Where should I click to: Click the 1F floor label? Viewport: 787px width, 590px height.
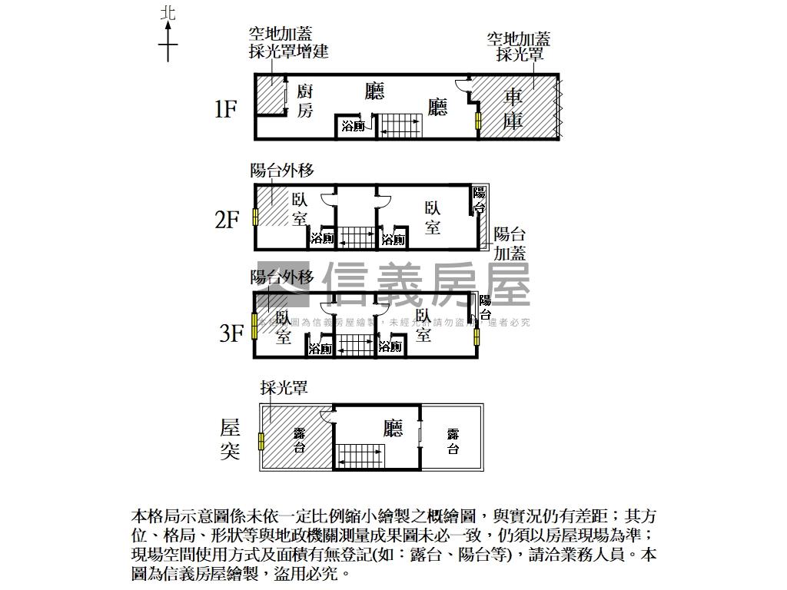[224, 110]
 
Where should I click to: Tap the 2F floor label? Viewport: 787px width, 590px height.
[227, 220]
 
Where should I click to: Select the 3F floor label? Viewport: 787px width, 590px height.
[231, 334]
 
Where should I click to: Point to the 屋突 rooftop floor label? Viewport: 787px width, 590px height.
[230, 439]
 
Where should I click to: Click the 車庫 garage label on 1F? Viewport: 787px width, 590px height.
[513, 109]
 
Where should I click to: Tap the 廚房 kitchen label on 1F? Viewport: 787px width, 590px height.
[305, 101]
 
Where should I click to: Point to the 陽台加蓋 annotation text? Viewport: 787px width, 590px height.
[510, 244]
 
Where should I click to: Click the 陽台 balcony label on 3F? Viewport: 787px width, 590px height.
[485, 307]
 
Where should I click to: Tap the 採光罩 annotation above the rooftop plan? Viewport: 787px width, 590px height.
[284, 389]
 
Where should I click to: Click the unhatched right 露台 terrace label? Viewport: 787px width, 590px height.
[453, 442]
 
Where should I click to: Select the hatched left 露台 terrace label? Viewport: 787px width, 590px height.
[299, 442]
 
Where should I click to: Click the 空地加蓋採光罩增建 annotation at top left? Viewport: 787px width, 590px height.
[288, 43]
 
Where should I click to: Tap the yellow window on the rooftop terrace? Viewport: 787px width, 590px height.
[262, 442]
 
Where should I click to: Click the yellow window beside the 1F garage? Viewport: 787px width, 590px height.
[478, 121]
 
